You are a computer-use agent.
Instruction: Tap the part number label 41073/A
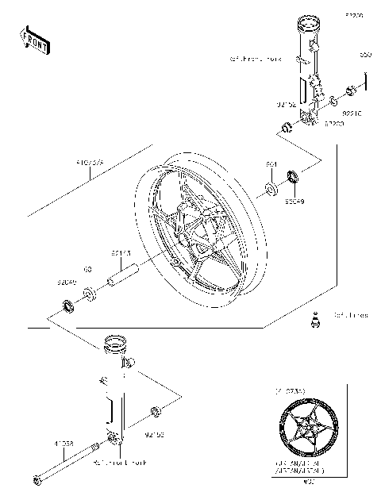tap(90, 164)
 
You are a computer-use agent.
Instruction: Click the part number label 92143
tap(121, 253)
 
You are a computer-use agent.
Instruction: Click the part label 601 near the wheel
tap(271, 164)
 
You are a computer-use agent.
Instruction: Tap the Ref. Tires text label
tap(350, 315)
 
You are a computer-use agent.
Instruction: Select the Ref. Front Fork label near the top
tap(255, 59)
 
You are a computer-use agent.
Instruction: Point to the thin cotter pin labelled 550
tap(366, 81)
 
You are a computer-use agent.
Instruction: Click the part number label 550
tap(365, 55)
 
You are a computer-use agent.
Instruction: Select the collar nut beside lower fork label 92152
tap(157, 410)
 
